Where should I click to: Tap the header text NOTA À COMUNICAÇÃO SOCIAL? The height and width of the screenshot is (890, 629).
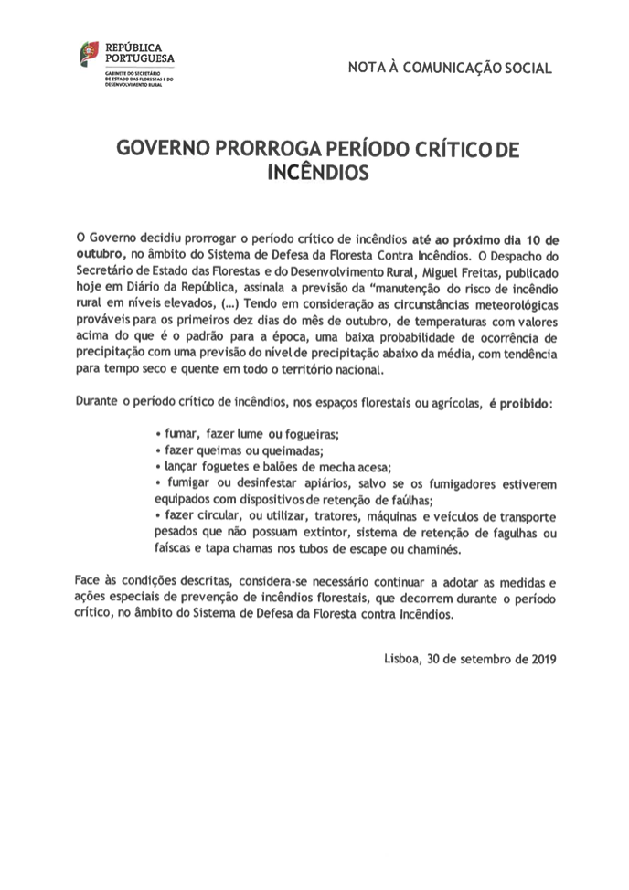pyautogui.click(x=450, y=68)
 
